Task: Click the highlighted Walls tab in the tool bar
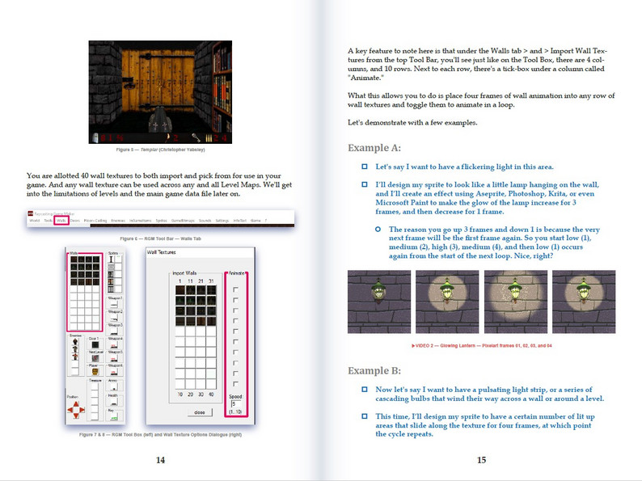pos(61,220)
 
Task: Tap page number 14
pos(160,460)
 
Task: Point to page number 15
pos(481,460)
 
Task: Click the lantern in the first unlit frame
pos(378,292)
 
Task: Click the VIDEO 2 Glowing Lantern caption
pos(481,344)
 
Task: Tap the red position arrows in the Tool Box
pos(75,411)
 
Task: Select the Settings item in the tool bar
pos(221,220)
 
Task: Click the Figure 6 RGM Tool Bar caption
pos(159,239)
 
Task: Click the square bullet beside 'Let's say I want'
pos(365,167)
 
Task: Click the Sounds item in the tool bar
pos(203,220)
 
